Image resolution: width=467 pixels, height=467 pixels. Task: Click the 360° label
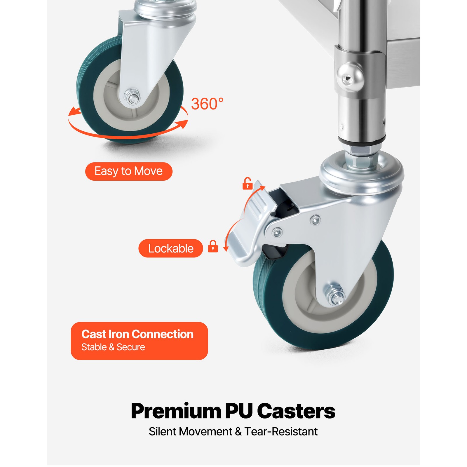click(x=207, y=104)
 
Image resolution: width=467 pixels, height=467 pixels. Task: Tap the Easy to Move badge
click(x=128, y=171)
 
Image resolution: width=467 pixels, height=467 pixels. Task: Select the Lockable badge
click(x=170, y=248)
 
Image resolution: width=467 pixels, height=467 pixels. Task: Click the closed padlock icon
click(x=213, y=246)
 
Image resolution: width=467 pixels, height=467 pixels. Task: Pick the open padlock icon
click(x=247, y=184)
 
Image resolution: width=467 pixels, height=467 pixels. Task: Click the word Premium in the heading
click(x=176, y=411)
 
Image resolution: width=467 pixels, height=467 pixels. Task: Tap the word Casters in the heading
click(x=296, y=411)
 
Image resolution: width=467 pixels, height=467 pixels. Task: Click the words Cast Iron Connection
click(x=137, y=334)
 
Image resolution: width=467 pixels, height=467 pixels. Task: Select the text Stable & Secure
click(x=113, y=347)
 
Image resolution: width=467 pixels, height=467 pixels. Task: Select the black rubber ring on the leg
click(x=362, y=140)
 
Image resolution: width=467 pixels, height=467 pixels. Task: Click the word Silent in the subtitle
click(x=162, y=431)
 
